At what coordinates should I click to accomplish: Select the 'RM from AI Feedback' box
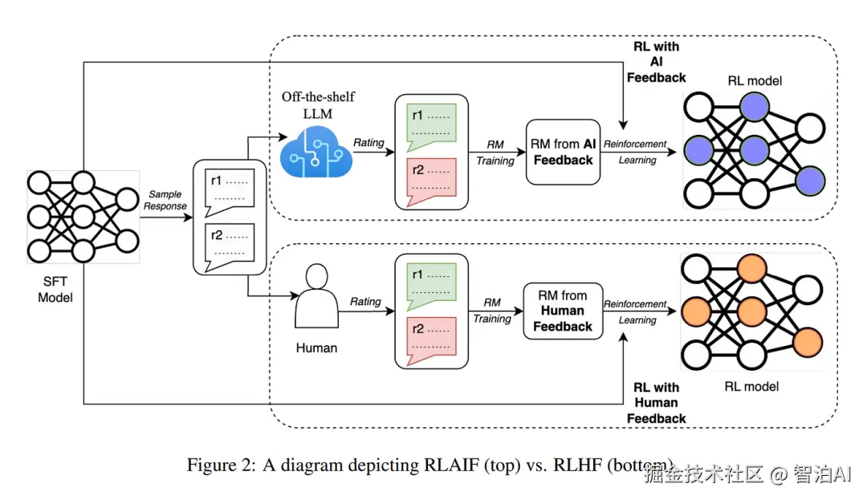pyautogui.click(x=562, y=152)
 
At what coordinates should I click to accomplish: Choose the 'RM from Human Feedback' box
pyautogui.click(x=562, y=311)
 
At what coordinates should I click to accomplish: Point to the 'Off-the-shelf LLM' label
pyautogui.click(x=318, y=104)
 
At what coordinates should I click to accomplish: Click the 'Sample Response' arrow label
pyautogui.click(x=165, y=200)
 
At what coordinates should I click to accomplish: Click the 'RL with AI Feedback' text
pyautogui.click(x=656, y=62)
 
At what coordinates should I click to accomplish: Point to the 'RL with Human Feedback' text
pyautogui.click(x=656, y=403)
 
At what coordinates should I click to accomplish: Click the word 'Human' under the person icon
pyautogui.click(x=316, y=348)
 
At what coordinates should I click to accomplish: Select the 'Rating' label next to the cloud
pyautogui.click(x=368, y=143)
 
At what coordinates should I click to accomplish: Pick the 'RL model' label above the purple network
pyautogui.click(x=754, y=80)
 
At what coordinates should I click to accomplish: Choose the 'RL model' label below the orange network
pyautogui.click(x=751, y=386)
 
